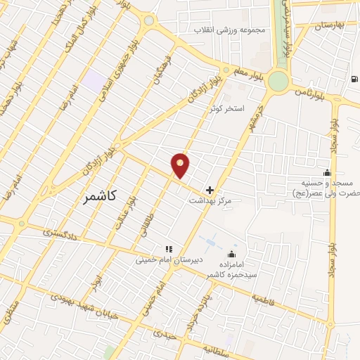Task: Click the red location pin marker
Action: click(x=181, y=165)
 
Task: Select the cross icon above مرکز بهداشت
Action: click(x=209, y=190)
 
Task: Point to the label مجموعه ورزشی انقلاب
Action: click(x=226, y=31)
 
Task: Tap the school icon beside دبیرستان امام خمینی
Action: click(x=168, y=249)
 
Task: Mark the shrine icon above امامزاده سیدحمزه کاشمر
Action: click(x=233, y=254)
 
